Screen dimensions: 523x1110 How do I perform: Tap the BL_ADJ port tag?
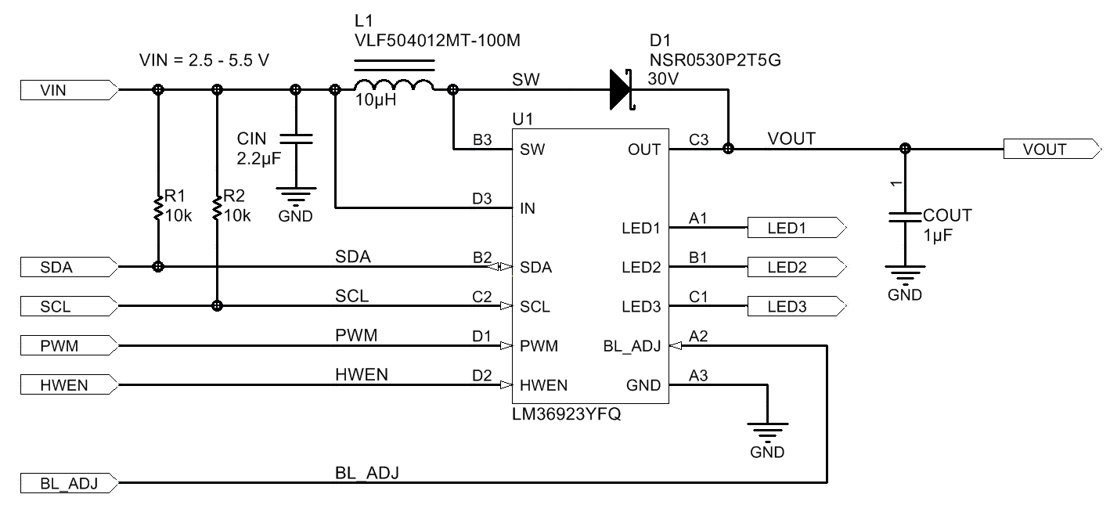click(x=69, y=483)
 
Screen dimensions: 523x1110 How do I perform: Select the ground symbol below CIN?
click(x=296, y=196)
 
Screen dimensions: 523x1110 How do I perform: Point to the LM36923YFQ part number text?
click(x=566, y=415)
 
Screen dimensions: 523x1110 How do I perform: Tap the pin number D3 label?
click(x=482, y=199)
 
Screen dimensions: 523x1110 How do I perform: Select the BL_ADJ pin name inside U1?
click(x=632, y=345)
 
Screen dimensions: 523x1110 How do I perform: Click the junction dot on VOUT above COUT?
click(x=905, y=149)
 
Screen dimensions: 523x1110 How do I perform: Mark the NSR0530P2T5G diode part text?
click(x=714, y=60)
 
